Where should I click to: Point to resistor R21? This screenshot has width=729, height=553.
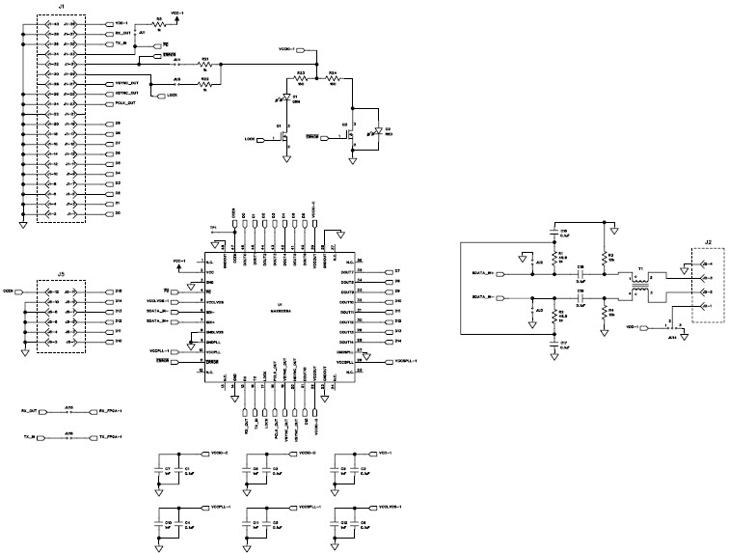pyautogui.click(x=205, y=64)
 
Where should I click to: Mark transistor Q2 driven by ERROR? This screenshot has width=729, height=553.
pyautogui.click(x=351, y=137)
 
